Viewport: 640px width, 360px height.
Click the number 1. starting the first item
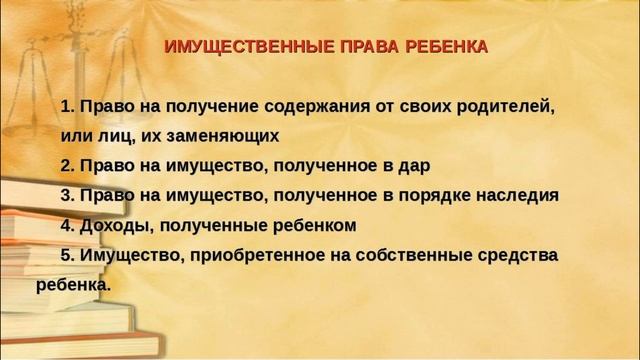pos(68,105)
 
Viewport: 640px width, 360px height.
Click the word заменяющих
pos(222,135)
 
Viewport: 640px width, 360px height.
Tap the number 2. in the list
pos(68,165)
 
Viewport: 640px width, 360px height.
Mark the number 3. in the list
pos(68,195)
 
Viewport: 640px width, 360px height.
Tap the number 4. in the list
pos(68,225)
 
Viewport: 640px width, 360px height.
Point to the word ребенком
pos(315,225)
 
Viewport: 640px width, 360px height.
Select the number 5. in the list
pos(68,255)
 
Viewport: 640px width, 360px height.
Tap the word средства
pos(516,255)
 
